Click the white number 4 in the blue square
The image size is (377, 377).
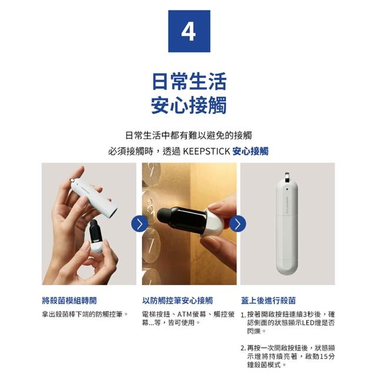(188, 32)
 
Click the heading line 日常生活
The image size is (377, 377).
(189, 81)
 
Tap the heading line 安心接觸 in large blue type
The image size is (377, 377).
(189, 105)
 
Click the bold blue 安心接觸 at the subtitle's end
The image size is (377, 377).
(250, 151)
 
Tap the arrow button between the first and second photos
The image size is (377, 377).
(140, 224)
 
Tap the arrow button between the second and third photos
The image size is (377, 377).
(238, 224)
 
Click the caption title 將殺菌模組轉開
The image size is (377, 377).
(70, 300)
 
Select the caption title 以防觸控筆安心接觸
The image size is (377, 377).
(178, 300)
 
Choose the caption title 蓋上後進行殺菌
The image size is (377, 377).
(269, 300)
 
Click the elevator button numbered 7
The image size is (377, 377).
(151, 244)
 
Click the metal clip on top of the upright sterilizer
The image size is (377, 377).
(287, 177)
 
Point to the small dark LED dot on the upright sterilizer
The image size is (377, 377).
(287, 189)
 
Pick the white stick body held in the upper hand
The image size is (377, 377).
(94, 196)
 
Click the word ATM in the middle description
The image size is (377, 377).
(184, 314)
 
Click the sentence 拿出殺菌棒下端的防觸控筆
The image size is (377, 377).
(82, 314)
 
